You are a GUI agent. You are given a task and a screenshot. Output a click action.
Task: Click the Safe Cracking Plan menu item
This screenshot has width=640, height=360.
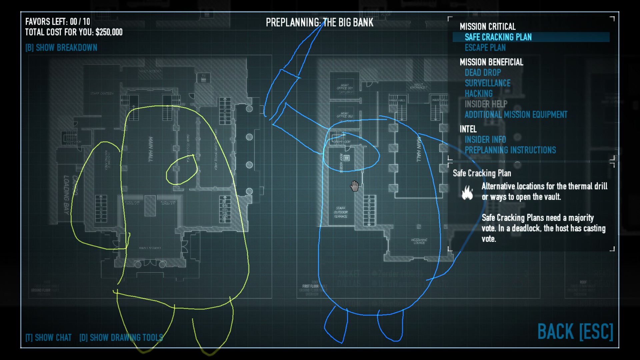[498, 37]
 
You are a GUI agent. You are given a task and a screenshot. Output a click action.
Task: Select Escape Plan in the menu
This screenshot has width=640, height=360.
[485, 48]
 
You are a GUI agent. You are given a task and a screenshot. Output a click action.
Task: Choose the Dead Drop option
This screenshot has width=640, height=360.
[483, 72]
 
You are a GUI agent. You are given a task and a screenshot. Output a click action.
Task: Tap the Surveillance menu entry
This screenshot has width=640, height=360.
[487, 83]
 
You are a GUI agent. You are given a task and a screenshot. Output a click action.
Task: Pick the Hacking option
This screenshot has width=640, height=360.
[478, 94]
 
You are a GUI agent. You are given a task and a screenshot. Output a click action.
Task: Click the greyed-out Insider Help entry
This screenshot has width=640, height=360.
[486, 104]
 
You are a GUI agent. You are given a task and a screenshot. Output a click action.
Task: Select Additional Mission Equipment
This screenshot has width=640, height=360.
[516, 115]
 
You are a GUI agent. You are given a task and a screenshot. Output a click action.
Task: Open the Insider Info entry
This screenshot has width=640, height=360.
[485, 139]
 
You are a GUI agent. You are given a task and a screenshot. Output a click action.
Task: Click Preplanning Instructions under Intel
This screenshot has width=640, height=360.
[510, 150]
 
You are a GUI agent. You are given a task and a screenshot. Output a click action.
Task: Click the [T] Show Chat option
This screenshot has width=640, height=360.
[49, 338]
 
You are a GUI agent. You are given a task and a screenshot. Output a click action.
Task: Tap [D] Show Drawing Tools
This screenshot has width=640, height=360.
[121, 338]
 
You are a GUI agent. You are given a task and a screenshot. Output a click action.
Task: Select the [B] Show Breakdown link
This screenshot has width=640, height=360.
[61, 48]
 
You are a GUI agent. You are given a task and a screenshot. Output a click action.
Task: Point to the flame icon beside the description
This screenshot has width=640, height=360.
[467, 192]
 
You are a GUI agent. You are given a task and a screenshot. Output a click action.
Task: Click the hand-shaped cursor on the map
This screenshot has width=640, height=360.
[354, 186]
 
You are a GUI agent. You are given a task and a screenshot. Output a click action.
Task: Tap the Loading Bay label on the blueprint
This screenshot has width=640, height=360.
[67, 195]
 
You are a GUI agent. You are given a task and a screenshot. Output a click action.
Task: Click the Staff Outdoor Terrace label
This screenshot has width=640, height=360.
[341, 212]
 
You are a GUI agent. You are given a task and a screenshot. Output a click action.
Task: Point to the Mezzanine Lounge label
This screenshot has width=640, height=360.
[419, 241]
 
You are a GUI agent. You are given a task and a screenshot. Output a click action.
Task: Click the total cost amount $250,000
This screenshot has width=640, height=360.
[109, 32]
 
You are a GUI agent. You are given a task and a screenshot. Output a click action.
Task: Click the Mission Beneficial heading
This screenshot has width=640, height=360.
[491, 62]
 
